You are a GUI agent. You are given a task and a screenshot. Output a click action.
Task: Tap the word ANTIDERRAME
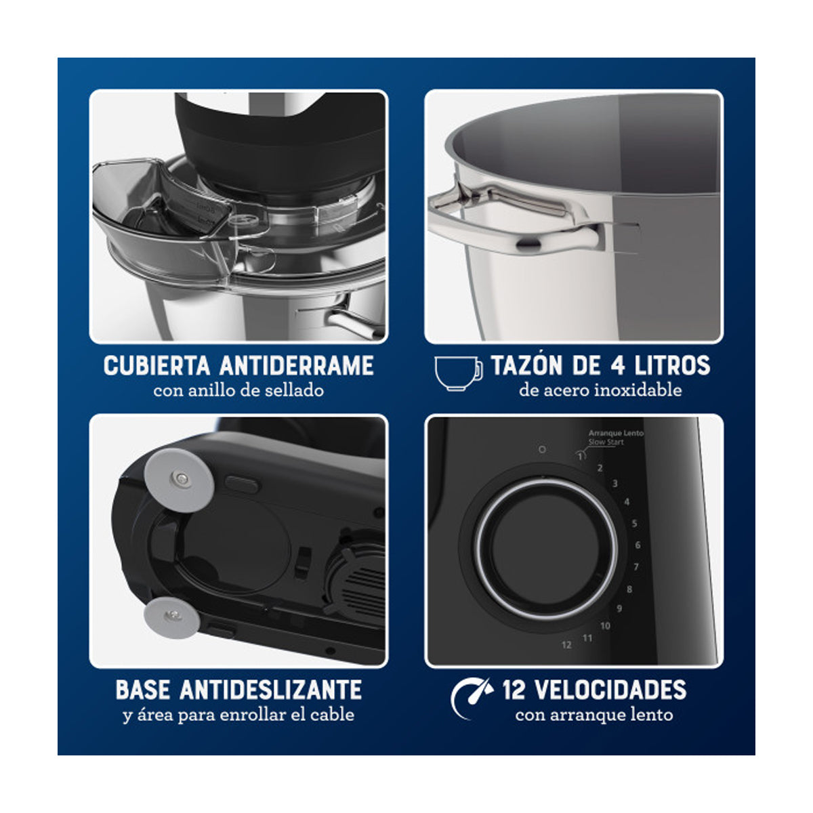(297, 366)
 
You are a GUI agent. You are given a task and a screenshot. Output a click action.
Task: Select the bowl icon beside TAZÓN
(458, 373)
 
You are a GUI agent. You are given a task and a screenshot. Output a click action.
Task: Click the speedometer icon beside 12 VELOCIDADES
(472, 699)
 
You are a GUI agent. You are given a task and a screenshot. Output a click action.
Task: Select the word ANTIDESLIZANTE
(270, 690)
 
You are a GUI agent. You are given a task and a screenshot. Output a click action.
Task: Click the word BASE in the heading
(142, 690)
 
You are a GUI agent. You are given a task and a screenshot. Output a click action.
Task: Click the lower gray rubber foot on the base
(172, 616)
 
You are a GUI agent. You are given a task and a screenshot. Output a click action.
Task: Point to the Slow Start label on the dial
(606, 442)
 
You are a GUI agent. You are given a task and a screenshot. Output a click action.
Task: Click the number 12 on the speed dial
(566, 645)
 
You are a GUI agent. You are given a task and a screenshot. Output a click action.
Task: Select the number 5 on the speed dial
(634, 524)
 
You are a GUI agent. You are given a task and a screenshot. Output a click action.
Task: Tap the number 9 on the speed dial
(619, 608)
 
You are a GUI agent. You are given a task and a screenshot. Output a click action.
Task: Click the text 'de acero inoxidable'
(600, 390)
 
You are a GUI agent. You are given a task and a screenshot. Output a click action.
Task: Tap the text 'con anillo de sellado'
(238, 390)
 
